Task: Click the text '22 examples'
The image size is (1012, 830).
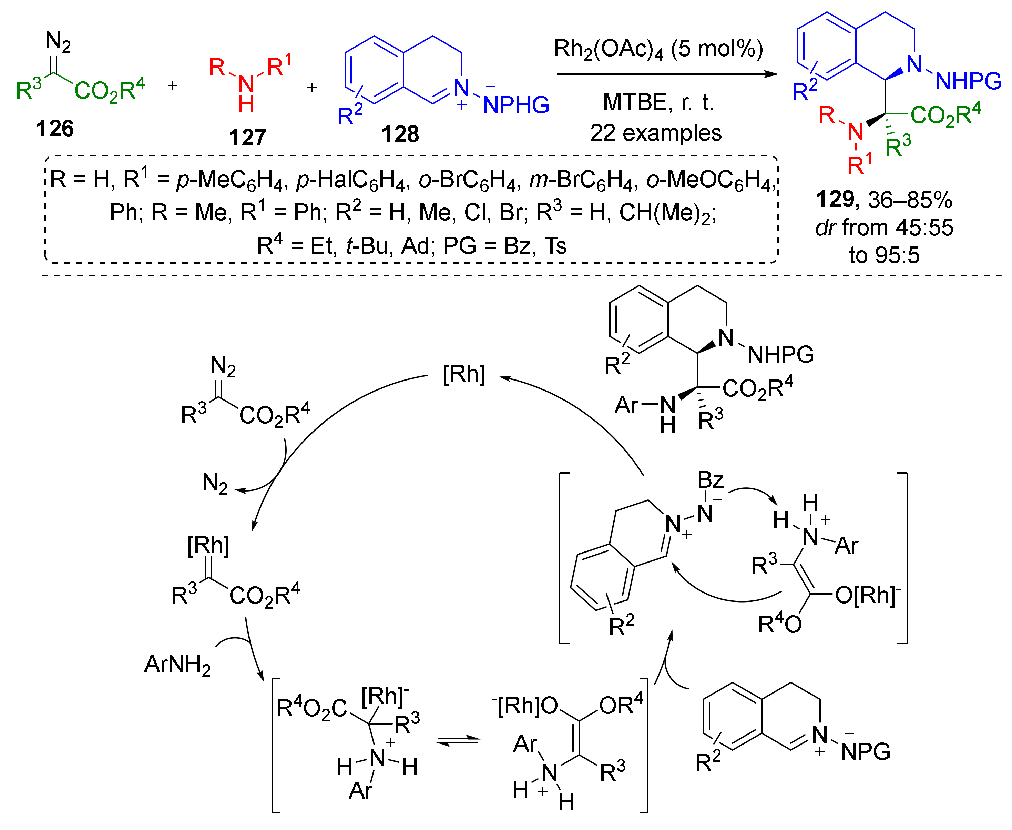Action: pyautogui.click(x=655, y=133)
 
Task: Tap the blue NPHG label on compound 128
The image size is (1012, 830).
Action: pyautogui.click(x=516, y=105)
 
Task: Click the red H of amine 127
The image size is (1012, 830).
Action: pyautogui.click(x=246, y=104)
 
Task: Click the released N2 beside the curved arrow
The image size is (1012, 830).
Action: pyautogui.click(x=215, y=483)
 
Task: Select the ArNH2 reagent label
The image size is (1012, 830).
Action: pyautogui.click(x=177, y=665)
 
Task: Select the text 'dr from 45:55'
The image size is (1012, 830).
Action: pyautogui.click(x=884, y=227)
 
